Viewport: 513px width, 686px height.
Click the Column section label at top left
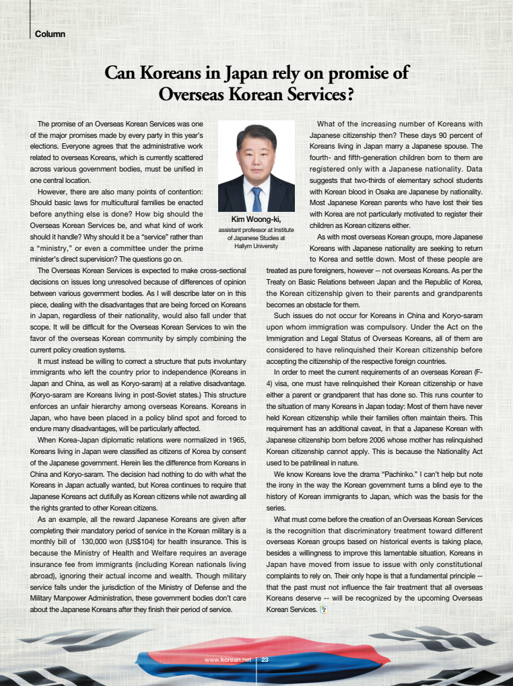[x=50, y=34]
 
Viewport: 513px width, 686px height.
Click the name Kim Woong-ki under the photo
[x=256, y=219]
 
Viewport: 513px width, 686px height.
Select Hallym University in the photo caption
[x=256, y=247]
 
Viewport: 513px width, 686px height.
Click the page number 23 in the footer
[x=265, y=660]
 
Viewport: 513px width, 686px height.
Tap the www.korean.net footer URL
[x=228, y=660]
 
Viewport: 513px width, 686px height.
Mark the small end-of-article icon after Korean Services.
[x=323, y=609]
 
